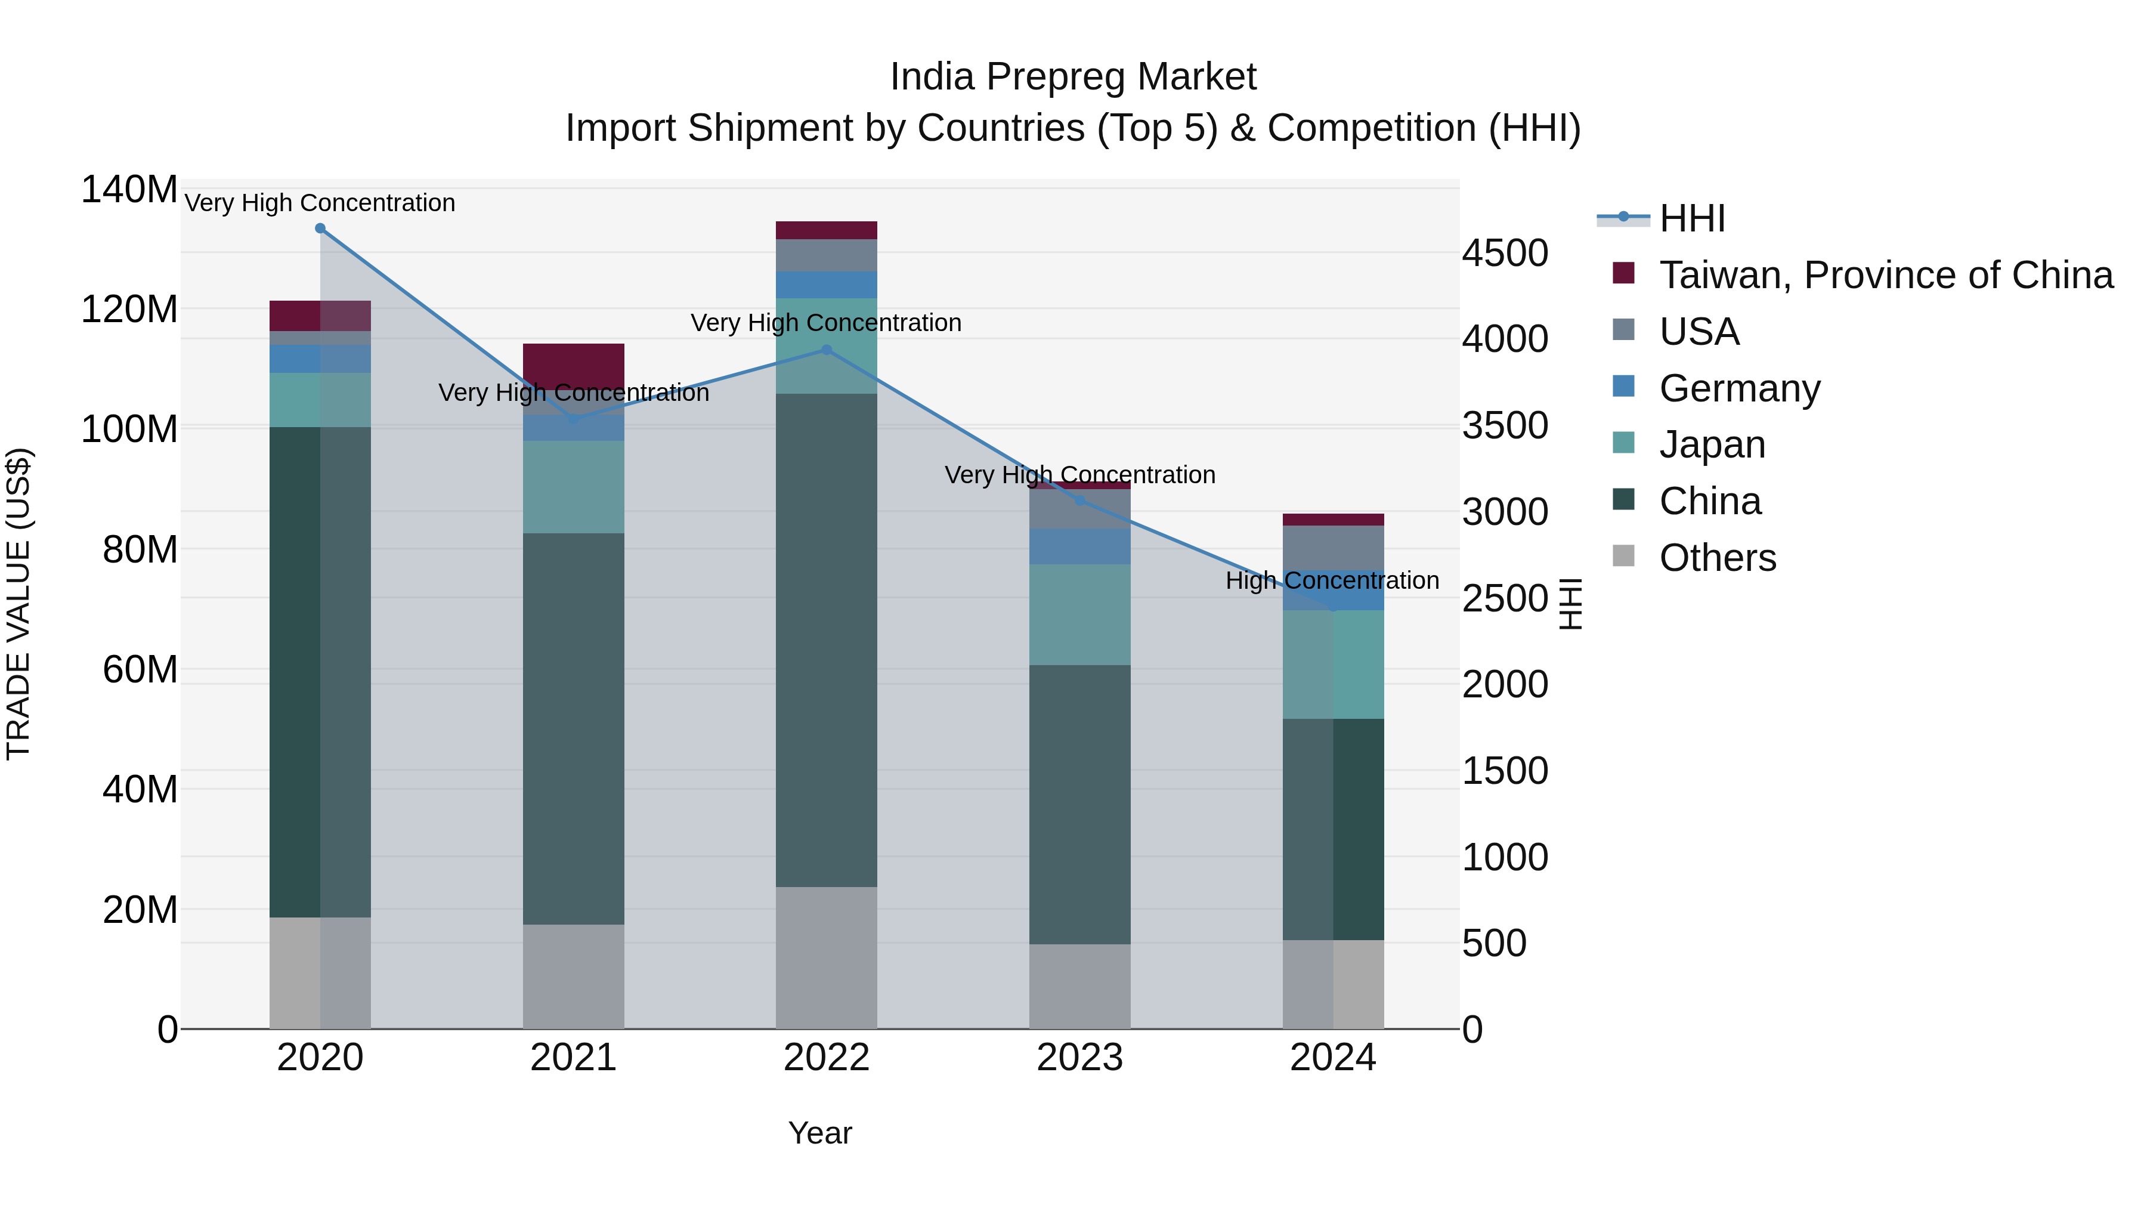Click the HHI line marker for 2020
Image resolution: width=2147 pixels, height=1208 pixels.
320,228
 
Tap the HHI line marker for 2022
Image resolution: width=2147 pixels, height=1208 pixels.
827,350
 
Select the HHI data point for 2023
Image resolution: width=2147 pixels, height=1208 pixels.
1080,501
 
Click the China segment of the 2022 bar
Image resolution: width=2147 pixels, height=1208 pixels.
827,640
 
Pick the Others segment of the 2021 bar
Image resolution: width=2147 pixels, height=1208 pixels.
573,976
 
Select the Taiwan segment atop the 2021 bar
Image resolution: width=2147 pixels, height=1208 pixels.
573,364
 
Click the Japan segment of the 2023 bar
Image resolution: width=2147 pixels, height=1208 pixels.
1080,614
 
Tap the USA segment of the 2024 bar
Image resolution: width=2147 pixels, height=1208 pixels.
1334,548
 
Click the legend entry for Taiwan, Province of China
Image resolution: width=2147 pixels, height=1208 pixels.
1885,275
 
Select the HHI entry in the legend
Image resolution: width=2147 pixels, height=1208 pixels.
1691,218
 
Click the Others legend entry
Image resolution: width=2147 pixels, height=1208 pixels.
1717,558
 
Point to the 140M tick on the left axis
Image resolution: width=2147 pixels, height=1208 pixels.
129,189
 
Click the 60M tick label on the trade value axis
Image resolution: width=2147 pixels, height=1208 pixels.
140,669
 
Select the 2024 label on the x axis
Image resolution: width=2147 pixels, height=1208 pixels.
1333,1058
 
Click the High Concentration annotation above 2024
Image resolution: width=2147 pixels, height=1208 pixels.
1332,580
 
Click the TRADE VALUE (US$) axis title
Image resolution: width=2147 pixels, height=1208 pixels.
18,604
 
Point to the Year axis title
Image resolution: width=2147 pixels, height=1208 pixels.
820,1133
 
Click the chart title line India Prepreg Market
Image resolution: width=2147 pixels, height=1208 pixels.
1073,77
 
